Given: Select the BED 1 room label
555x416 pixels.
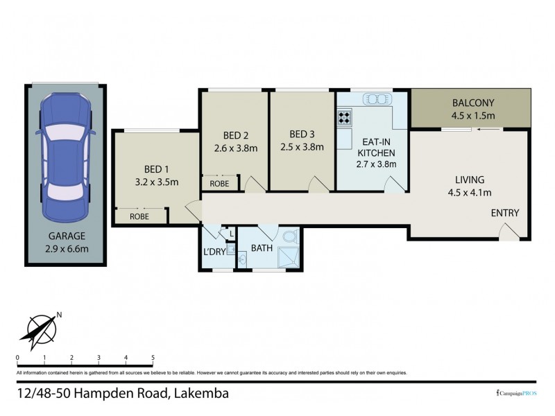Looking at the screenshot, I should [x=156, y=170].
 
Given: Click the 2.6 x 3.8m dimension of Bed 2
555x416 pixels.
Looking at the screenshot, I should [x=235, y=148].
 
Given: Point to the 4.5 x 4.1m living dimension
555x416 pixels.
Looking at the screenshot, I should [x=470, y=192].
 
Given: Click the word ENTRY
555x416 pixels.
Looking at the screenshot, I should [x=504, y=213].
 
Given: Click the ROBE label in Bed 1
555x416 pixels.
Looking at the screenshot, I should [x=142, y=217].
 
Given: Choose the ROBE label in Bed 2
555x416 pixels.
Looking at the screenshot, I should [x=219, y=184].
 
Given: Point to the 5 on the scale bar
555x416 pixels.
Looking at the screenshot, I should [x=152, y=358].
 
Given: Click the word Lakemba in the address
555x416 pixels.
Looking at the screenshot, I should [x=201, y=394].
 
